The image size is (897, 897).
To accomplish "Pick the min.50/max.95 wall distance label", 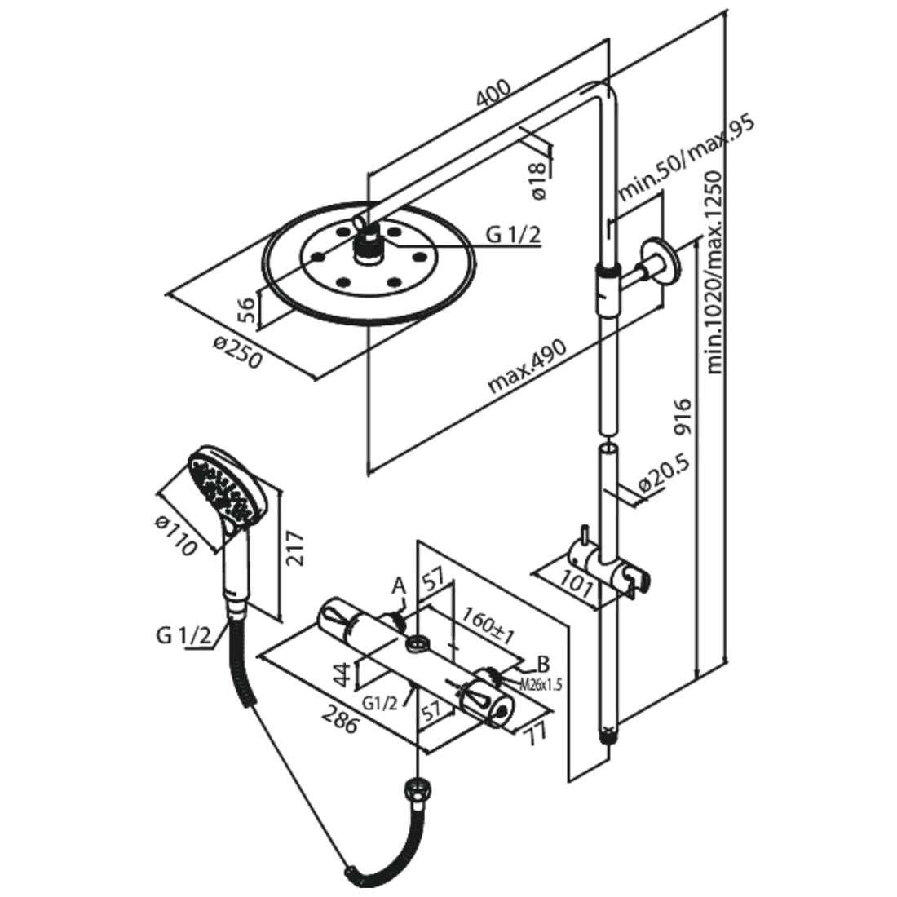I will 686,159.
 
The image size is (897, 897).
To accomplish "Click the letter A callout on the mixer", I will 399,585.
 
